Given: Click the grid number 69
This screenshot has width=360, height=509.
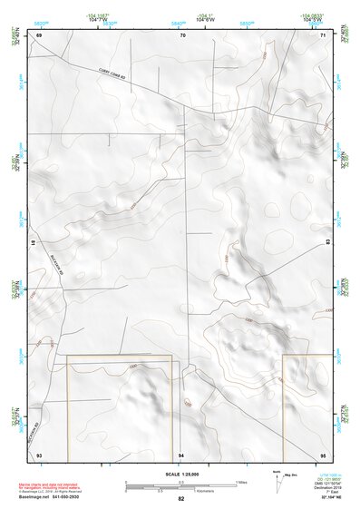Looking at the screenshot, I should (x=39, y=34).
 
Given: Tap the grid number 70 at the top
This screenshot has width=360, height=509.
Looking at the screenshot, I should (x=182, y=34).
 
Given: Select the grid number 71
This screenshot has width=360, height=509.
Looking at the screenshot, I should (x=323, y=34).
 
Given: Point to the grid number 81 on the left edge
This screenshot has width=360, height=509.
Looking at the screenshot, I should (x=33, y=243).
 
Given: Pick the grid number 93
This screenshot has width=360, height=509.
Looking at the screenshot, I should (x=39, y=453).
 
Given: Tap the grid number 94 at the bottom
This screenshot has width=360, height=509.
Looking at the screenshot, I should (x=181, y=454).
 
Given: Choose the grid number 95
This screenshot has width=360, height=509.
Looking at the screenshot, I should (x=323, y=453).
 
